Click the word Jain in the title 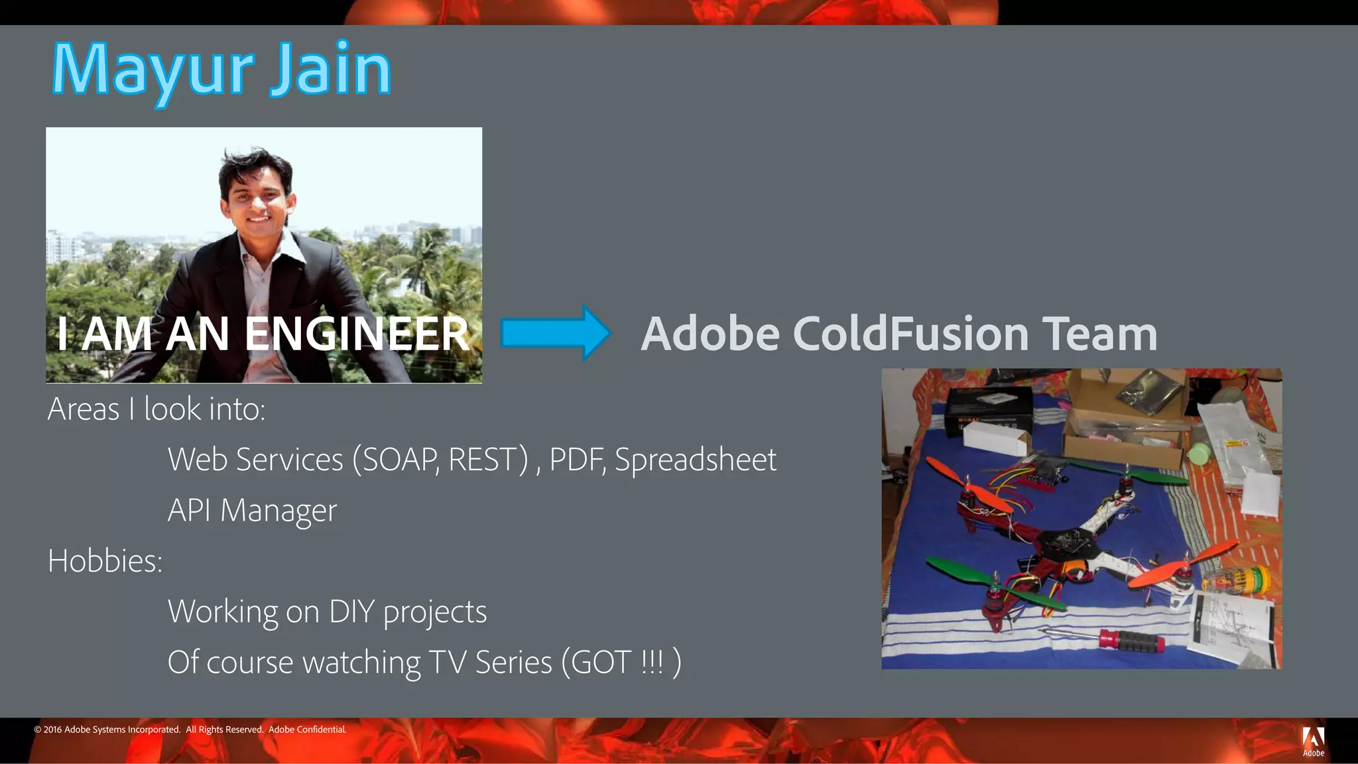pos(330,70)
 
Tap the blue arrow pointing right pos(556,332)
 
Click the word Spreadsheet pos(695,460)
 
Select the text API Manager pos(252,510)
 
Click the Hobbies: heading pos(105,561)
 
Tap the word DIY pos(351,611)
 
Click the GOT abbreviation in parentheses pos(600,662)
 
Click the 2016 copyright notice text pos(190,730)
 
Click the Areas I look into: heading pos(156,409)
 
